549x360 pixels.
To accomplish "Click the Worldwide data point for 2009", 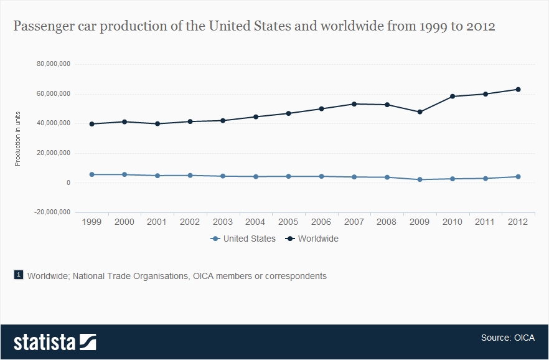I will point(420,112).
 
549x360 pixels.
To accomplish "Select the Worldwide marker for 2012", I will point(518,89).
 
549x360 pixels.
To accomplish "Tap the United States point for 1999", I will point(91,174).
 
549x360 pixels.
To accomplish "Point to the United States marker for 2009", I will point(420,179).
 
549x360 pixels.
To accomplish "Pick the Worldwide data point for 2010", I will point(453,97).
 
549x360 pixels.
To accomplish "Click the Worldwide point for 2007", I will point(354,104).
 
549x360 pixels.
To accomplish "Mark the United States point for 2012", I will point(518,177).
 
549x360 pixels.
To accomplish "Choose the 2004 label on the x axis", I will point(255,222).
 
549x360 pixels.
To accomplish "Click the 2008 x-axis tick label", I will point(387,222).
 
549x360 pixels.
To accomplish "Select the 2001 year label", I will point(157,222).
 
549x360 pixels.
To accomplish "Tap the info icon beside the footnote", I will point(19,275).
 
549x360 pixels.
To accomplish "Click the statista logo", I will point(55,342).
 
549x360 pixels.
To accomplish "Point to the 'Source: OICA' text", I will point(505,338).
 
